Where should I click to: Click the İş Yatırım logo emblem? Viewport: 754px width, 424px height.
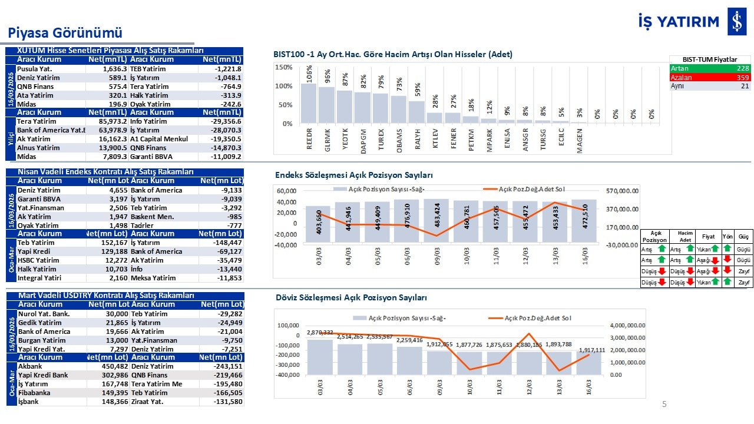(x=736, y=22)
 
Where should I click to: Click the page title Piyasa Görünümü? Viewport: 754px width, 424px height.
(x=65, y=33)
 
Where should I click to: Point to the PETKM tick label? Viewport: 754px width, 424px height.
(x=472, y=140)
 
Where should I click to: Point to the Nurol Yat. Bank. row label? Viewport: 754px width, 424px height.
(x=44, y=314)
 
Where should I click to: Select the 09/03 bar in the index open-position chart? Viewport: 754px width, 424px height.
(x=436, y=220)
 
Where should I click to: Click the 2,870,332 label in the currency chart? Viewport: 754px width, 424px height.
(x=320, y=333)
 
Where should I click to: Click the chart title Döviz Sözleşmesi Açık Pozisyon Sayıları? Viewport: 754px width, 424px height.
(x=352, y=298)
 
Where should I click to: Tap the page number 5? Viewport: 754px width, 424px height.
(x=664, y=405)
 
